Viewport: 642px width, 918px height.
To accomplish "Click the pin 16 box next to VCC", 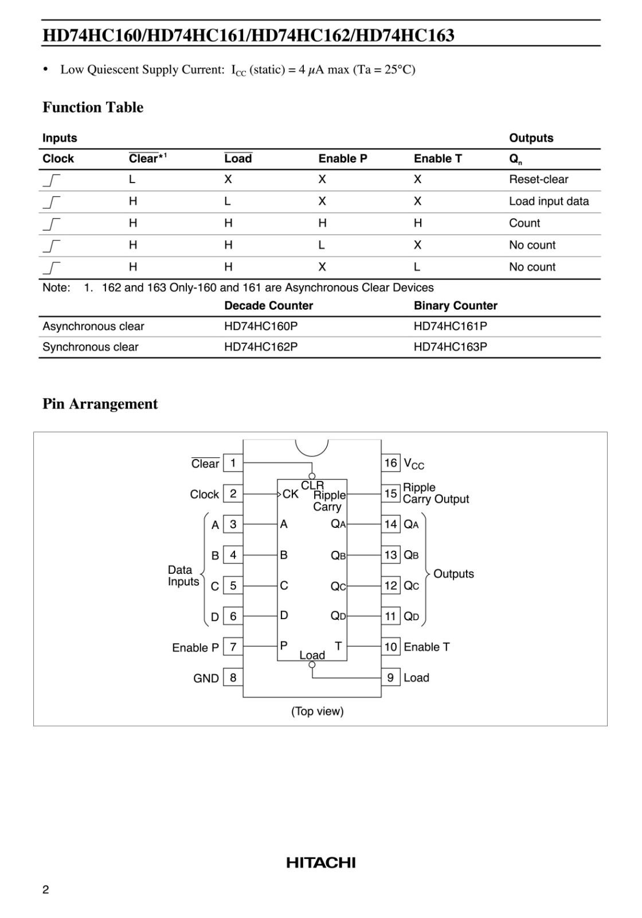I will (390, 463).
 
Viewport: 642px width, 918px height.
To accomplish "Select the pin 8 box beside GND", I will (233, 678).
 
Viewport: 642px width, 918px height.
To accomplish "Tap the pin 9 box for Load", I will (390, 678).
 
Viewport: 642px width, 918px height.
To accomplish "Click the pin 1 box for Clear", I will (233, 463).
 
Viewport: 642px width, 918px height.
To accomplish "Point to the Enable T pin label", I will (426, 647).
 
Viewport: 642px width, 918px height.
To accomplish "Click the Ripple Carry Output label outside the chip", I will (435, 493).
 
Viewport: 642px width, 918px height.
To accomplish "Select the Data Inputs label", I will (183, 575).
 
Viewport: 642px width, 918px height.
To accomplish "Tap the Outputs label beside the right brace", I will (453, 574).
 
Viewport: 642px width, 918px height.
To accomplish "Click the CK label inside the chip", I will (290, 494).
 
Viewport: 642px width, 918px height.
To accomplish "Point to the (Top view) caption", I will (318, 711).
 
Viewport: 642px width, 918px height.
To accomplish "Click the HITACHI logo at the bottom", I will (321, 863).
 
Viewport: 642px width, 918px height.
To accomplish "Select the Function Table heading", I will (93, 107).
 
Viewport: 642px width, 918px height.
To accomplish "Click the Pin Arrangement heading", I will (100, 404).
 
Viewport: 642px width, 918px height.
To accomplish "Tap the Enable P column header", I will (343, 159).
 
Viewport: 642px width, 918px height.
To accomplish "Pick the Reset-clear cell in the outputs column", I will (538, 180).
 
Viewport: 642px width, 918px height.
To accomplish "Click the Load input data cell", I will (549, 201).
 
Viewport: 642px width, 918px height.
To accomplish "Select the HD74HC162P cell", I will (261, 347).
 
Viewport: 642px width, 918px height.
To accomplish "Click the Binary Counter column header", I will (455, 306).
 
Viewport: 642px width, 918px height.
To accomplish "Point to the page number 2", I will (46, 890).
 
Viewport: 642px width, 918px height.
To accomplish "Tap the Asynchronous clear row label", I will (93, 326).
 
